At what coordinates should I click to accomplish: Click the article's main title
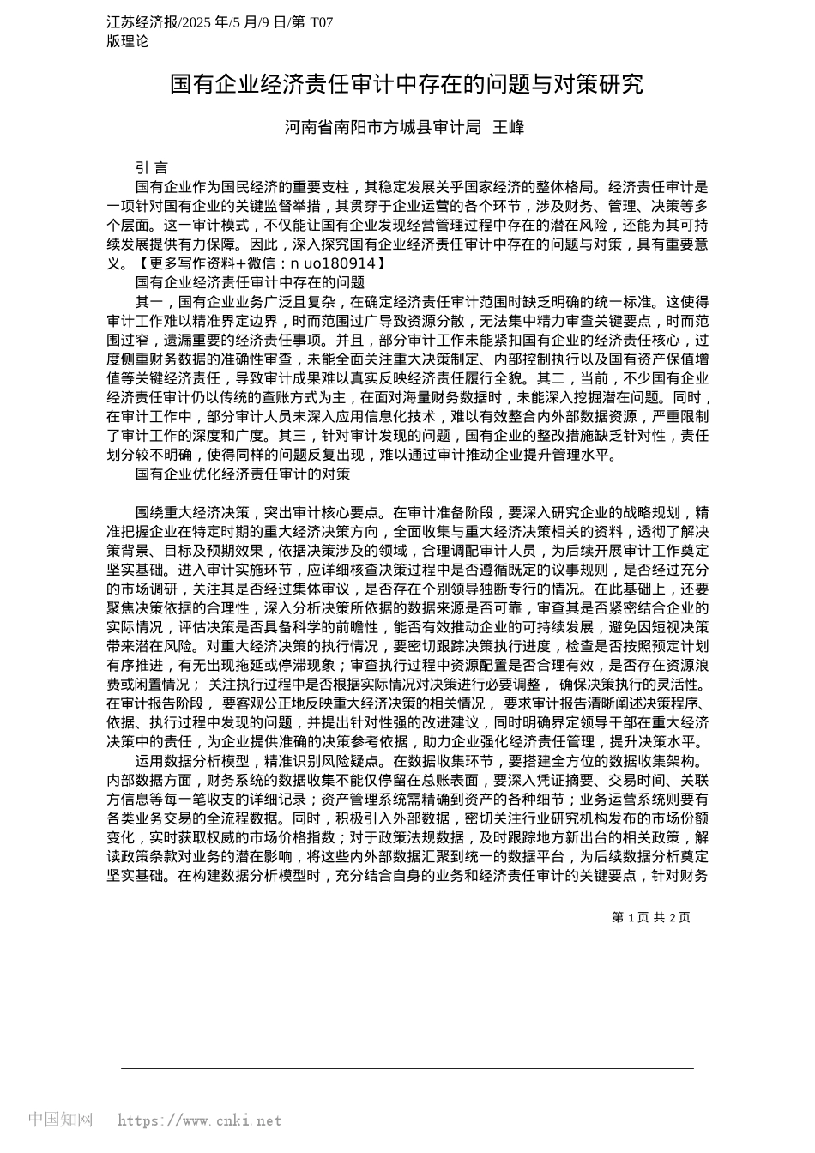(x=406, y=84)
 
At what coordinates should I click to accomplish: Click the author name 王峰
(x=509, y=128)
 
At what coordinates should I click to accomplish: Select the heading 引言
(x=152, y=168)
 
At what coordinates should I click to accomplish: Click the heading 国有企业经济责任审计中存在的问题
(x=250, y=282)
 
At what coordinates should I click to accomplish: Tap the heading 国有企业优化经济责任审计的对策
(x=243, y=474)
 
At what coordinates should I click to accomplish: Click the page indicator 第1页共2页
(x=650, y=917)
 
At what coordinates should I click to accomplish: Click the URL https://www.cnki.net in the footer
(x=199, y=1120)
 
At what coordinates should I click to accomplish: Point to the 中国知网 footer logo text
(x=60, y=1120)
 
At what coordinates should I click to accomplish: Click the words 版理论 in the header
(x=128, y=41)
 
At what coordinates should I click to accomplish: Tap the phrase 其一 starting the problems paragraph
(x=149, y=301)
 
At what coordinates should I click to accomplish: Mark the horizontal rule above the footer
(x=407, y=1068)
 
